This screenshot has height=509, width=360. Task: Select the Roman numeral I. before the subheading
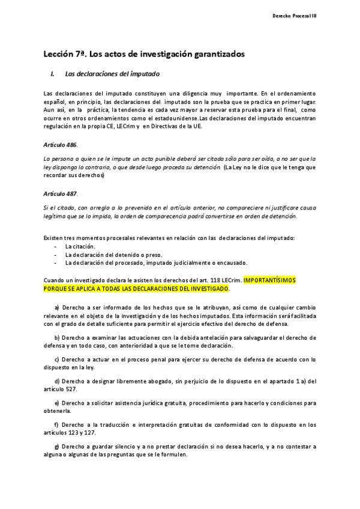pos(53,75)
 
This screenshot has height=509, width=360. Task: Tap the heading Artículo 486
pos(61,145)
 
